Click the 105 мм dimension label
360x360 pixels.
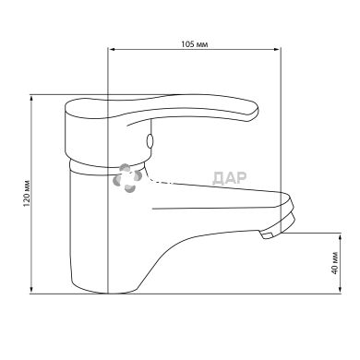point(194,44)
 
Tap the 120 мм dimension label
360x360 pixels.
point(28,193)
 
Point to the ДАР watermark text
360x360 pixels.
point(230,178)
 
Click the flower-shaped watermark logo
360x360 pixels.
point(127,178)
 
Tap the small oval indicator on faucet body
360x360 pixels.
point(150,141)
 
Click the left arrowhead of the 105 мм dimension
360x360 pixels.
point(113,49)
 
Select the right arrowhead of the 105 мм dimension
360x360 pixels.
point(277,49)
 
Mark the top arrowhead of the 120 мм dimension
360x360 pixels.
point(31,99)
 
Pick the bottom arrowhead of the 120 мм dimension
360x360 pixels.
point(31,290)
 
